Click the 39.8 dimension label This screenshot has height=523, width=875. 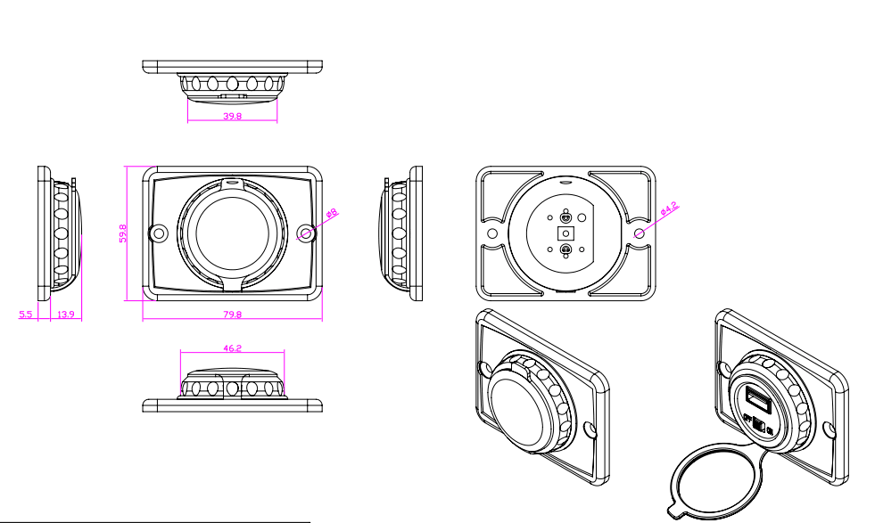[232, 117]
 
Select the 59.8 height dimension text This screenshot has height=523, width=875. [123, 233]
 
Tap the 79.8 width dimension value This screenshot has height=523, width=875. [232, 315]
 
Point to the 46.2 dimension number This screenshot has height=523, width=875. [232, 349]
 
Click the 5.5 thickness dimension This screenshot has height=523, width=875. [25, 315]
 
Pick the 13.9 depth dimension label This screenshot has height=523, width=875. [65, 315]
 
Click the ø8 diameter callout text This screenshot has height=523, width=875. [330, 214]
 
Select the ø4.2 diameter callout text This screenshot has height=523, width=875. [669, 210]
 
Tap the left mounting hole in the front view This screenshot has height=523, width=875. [160, 233]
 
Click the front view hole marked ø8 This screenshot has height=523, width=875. [306, 233]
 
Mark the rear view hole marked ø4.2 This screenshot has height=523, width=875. [640, 232]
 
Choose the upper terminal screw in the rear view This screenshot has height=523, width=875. [565, 217]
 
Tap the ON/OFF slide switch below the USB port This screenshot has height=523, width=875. [759, 425]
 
